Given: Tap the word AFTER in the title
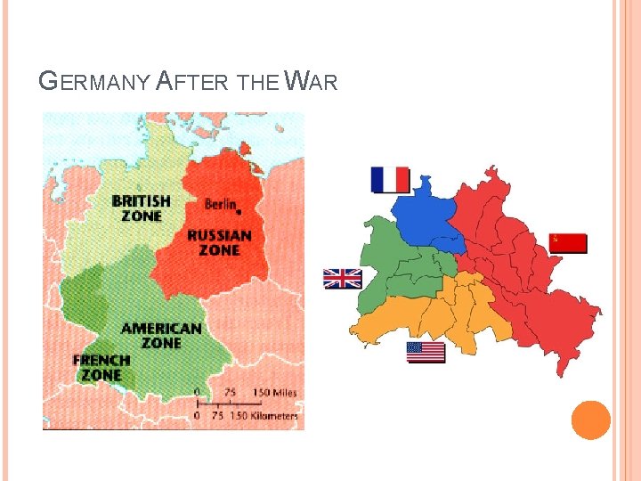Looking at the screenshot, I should tap(193, 82).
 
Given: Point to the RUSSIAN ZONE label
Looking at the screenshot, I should tap(219, 243).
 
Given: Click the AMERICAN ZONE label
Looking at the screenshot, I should tap(161, 336).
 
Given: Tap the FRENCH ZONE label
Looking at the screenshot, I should tap(101, 368).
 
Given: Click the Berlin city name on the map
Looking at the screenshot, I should tap(220, 204).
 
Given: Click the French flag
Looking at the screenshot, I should tap(390, 180).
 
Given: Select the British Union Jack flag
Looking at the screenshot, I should tap(342, 279).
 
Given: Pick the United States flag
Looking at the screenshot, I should tap(426, 352).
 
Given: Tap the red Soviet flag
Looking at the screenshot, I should tap(568, 242).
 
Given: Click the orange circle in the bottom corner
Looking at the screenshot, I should tap(590, 420).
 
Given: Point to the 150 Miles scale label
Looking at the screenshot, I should tap(274, 393).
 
